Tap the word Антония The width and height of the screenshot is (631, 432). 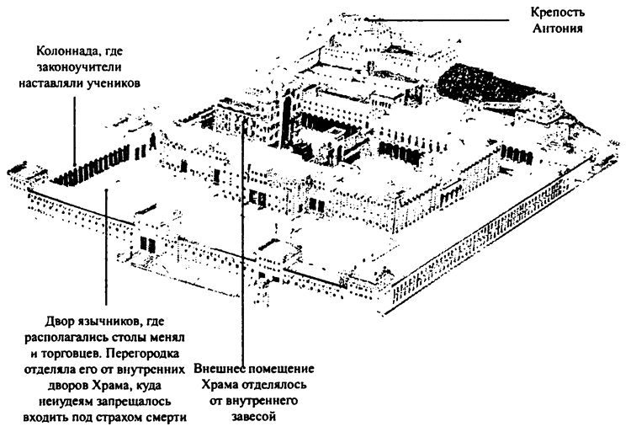click(x=565, y=30)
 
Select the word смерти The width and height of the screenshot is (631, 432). click(x=162, y=415)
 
